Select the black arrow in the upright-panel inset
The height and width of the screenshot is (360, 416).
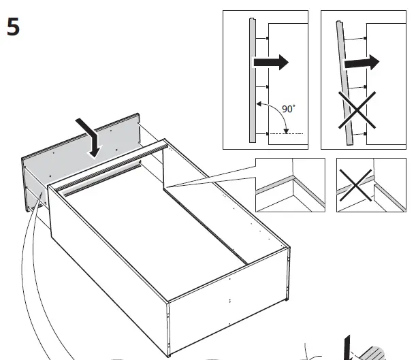[271, 63]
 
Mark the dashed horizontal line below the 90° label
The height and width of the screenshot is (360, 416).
[285, 134]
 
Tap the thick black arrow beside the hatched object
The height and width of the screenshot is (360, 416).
[348, 347]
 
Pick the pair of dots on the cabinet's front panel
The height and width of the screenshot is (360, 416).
[231, 300]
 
